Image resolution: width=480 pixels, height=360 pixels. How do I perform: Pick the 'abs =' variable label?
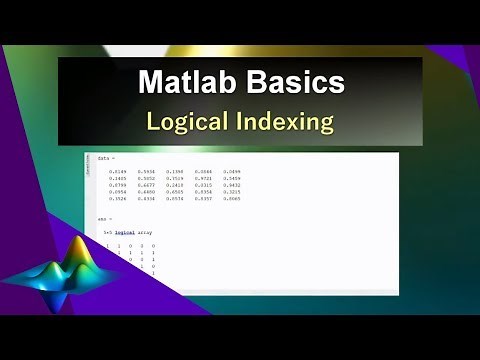(104, 218)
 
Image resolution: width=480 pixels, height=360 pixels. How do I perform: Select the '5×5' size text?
(111, 232)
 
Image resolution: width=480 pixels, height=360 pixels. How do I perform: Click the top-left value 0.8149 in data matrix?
(118, 172)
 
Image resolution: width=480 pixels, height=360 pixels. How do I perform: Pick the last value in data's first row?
(232, 172)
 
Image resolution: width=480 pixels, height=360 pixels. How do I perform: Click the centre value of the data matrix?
(175, 186)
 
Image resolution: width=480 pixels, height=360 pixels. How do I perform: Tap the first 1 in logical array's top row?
(107, 246)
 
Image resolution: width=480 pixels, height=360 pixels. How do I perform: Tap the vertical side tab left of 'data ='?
(89, 169)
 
